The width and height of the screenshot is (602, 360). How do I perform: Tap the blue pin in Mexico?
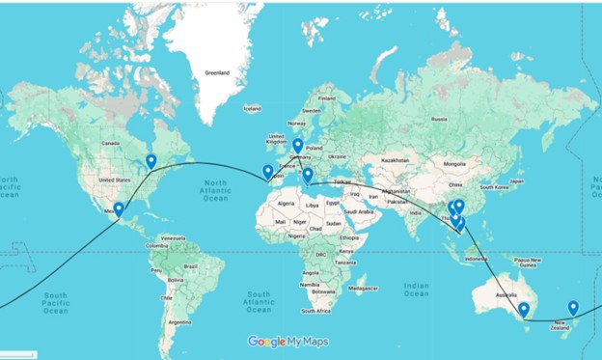pos(119,208)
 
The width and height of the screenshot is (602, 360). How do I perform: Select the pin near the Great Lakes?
pos(150,161)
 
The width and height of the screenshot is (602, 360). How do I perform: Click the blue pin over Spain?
pos(267,172)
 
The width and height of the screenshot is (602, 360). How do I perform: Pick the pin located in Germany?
pos(298,146)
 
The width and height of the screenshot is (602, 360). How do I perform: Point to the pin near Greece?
pos(308,175)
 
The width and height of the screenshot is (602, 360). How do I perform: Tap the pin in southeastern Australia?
pos(523,310)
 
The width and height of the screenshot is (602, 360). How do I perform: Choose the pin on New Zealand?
pos(573,308)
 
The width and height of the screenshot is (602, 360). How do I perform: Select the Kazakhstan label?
pos(396,160)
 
